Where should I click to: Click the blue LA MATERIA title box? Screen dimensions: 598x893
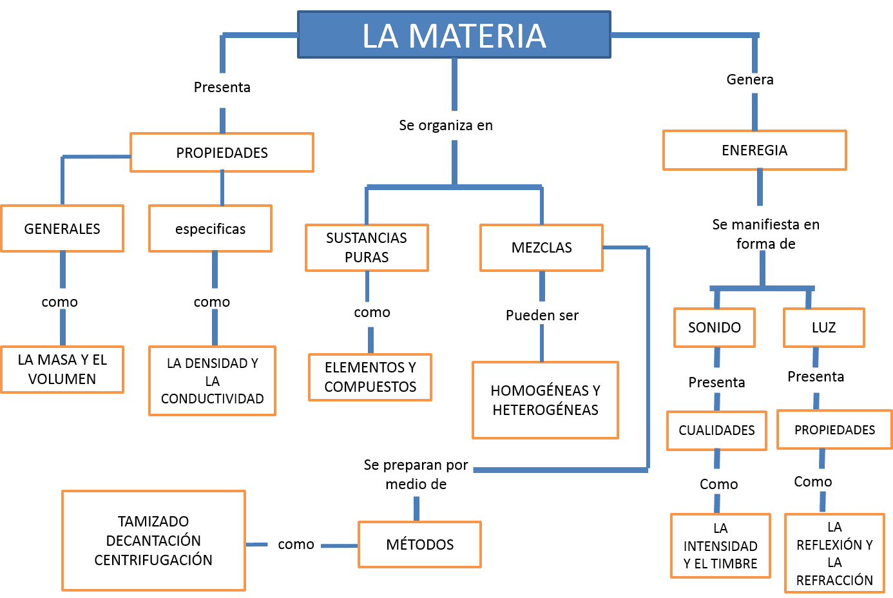(454, 35)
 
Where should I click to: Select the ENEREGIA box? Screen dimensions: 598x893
(754, 150)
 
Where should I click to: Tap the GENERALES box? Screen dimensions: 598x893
(62, 229)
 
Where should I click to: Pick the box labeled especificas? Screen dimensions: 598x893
(210, 229)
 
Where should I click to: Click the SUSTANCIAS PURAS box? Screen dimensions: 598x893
(367, 247)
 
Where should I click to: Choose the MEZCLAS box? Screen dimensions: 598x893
(541, 247)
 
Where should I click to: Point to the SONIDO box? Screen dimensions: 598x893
(714, 327)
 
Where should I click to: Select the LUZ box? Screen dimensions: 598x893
(823, 327)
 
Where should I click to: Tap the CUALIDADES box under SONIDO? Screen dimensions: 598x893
(716, 430)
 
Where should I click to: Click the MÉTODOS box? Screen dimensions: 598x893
(419, 545)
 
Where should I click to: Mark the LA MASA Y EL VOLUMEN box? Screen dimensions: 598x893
(62, 369)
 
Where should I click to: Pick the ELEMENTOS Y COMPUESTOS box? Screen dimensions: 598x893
(370, 377)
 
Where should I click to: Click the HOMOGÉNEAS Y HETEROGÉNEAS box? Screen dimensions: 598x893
(545, 400)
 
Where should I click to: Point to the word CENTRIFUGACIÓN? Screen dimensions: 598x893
(153, 560)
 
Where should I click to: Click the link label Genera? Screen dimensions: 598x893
(749, 79)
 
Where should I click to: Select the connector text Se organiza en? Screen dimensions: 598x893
(445, 126)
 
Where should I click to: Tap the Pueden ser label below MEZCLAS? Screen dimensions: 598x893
(542, 315)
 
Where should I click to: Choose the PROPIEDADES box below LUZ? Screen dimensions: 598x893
(834, 430)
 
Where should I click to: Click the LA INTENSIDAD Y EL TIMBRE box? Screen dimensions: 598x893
(720, 546)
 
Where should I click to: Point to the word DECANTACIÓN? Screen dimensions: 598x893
(153, 541)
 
